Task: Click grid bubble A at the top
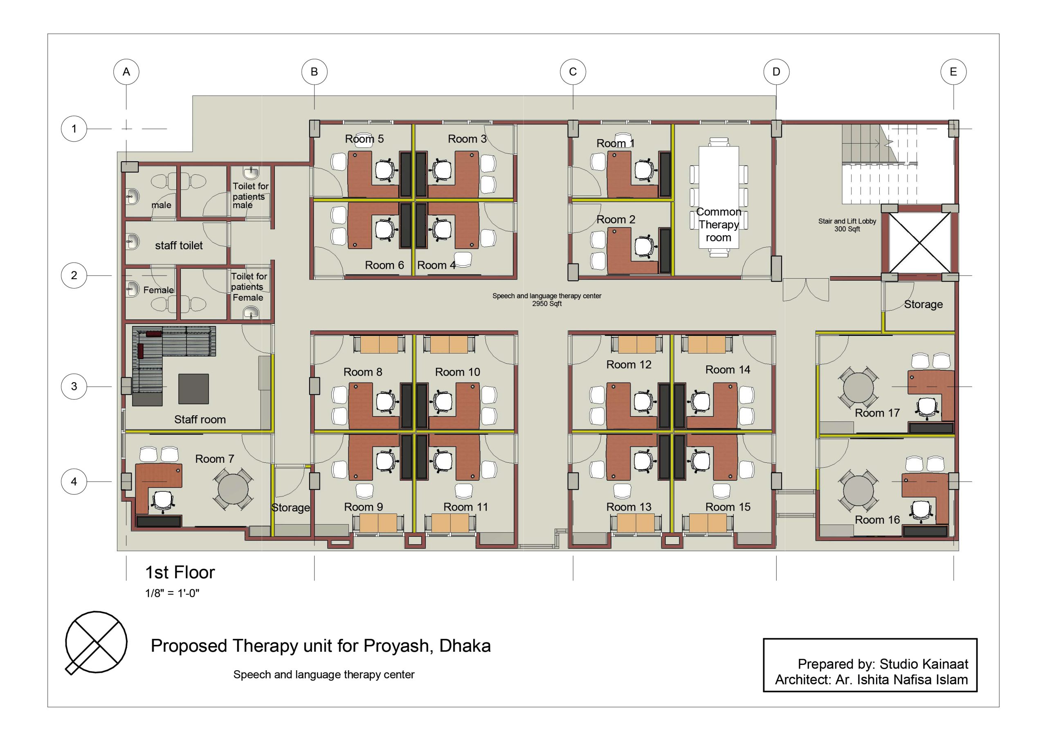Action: pos(126,72)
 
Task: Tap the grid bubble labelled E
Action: pos(953,72)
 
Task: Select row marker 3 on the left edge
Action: pos(74,387)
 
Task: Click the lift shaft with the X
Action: pos(920,242)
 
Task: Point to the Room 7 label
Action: pos(214,459)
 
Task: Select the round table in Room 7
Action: pos(233,489)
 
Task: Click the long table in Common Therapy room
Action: pos(719,197)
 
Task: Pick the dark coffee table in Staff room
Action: pos(193,389)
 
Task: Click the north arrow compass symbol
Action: pos(96,642)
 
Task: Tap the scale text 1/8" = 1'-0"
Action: pos(172,593)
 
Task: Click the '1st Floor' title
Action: pos(180,572)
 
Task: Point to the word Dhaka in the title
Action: pos(465,646)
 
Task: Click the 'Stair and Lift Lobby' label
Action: pos(847,221)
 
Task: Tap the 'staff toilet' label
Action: pos(179,245)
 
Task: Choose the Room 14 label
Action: pos(728,369)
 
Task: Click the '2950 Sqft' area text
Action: pos(547,304)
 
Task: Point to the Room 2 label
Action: pos(616,219)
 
